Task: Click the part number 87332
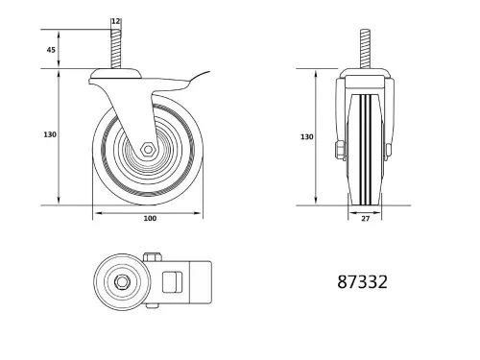[x=363, y=283]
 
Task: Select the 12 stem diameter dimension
[x=115, y=21]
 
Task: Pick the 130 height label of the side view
[x=48, y=135]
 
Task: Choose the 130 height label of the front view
[x=306, y=137]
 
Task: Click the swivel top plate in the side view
[x=115, y=73]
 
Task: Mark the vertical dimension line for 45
[x=60, y=50]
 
